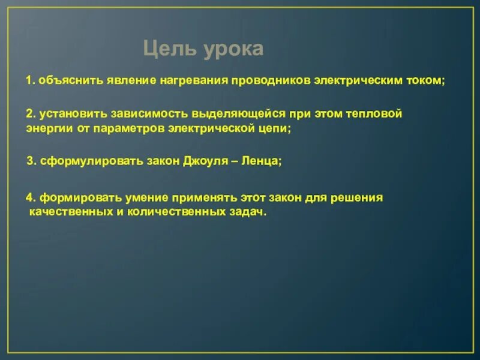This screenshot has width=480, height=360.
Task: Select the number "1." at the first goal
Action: point(31,81)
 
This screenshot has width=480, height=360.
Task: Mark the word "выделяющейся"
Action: point(215,113)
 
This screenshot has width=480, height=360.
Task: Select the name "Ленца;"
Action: point(261,161)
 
